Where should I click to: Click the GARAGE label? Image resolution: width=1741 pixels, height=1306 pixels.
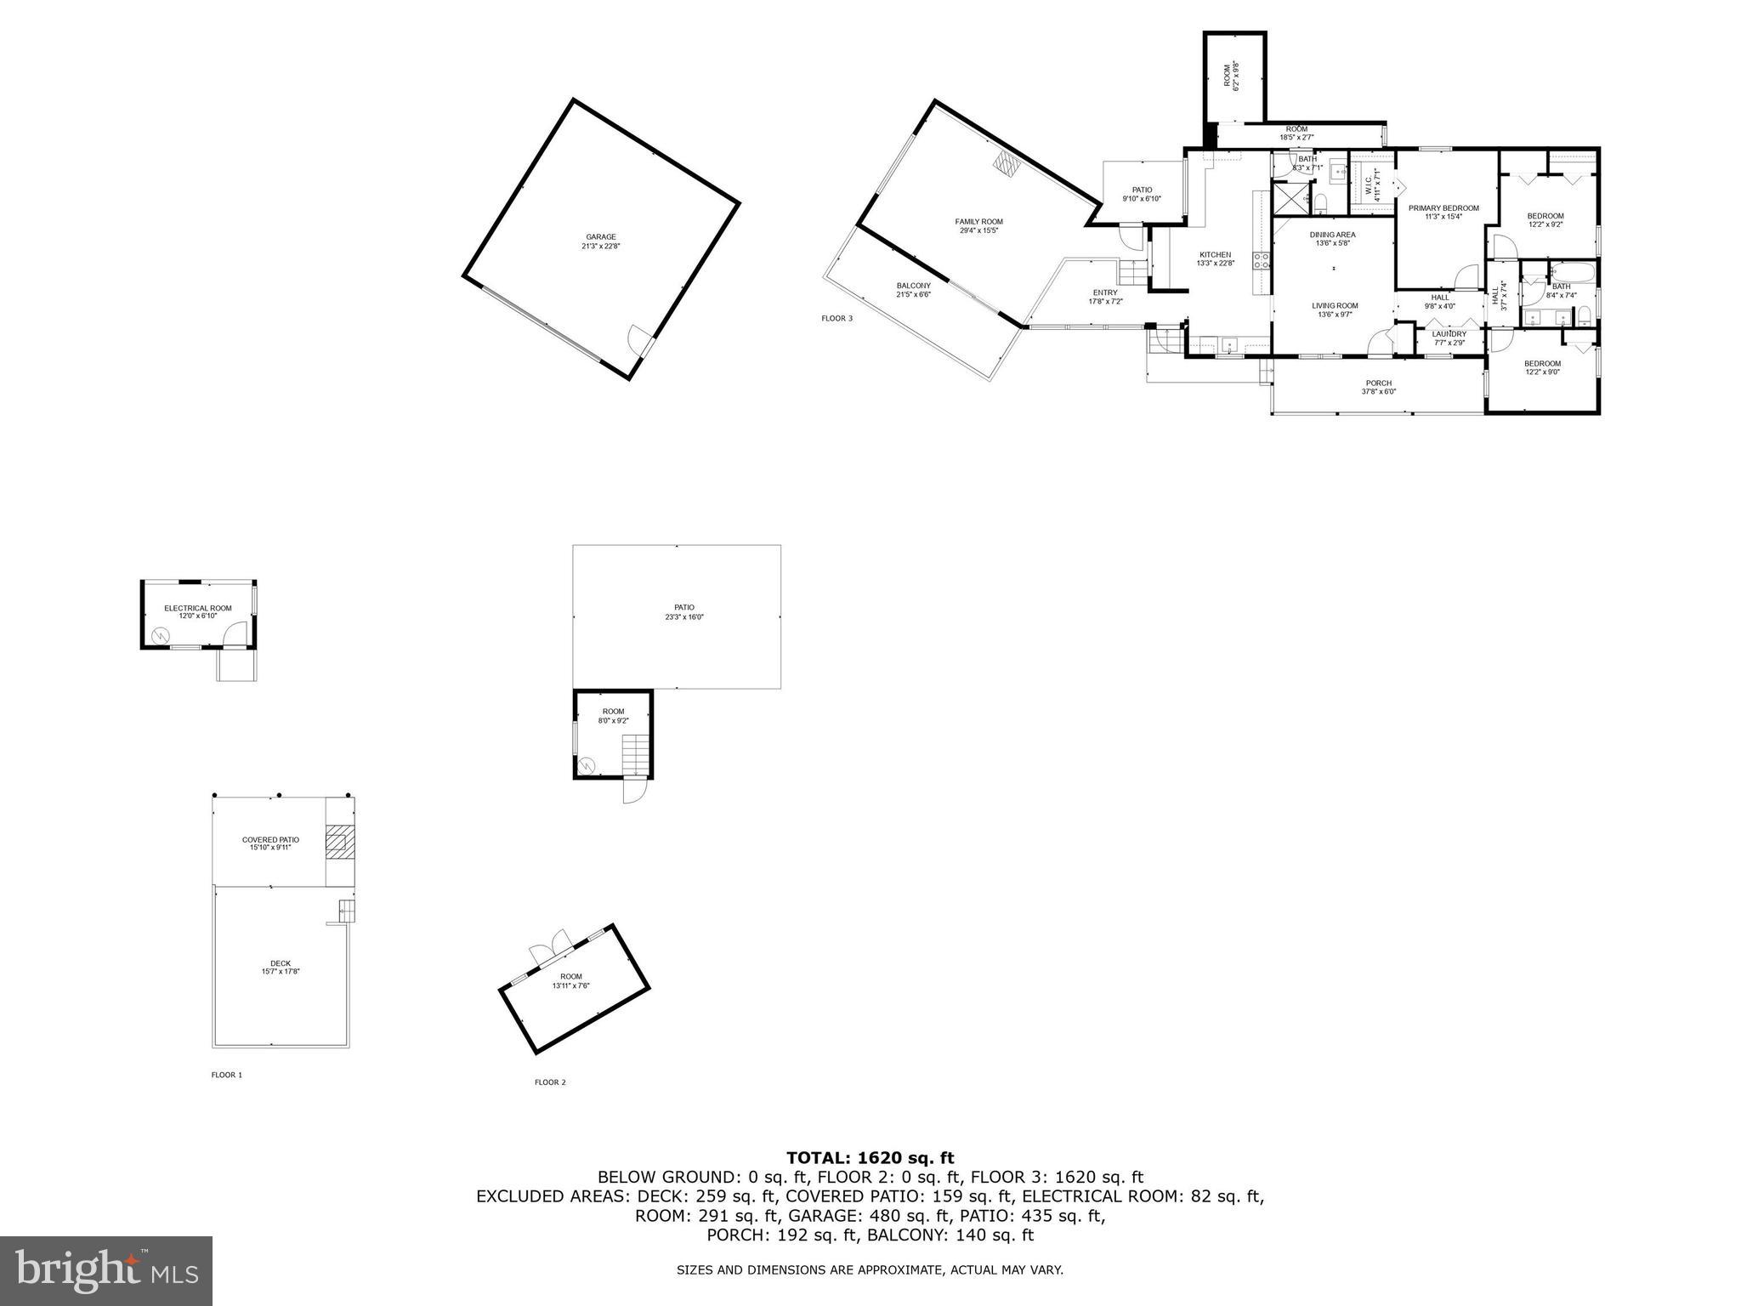tap(600, 237)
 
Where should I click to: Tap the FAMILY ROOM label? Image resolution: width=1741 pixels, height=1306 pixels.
tap(978, 222)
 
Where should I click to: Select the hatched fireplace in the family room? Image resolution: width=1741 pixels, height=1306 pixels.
tap(1008, 164)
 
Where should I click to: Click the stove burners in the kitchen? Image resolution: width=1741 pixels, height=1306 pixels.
tap(1262, 261)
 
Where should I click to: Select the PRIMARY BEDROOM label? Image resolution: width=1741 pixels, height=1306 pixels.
tap(1443, 208)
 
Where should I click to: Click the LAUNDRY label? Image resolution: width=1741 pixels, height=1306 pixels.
tap(1449, 334)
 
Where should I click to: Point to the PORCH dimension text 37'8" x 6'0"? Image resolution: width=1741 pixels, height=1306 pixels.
tap(1378, 392)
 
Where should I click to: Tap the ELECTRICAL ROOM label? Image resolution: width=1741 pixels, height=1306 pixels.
tap(197, 608)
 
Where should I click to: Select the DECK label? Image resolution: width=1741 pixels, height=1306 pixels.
tap(281, 963)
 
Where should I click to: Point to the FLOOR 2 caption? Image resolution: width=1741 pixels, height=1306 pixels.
tap(550, 1082)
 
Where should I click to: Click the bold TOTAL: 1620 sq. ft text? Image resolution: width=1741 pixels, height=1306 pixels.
tap(870, 1157)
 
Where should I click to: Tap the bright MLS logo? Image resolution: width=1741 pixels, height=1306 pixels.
tap(106, 1270)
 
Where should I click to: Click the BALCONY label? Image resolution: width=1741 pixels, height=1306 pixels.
tap(913, 286)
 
